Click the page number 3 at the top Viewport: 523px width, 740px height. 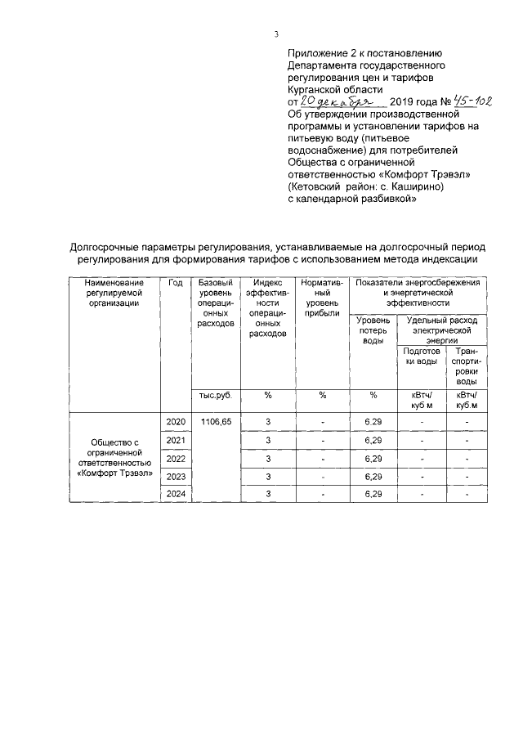click(x=276, y=34)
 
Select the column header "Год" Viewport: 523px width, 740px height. click(x=175, y=282)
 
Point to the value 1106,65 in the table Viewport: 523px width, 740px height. click(x=216, y=421)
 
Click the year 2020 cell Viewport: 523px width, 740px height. click(x=175, y=421)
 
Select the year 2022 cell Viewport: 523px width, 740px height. click(x=175, y=458)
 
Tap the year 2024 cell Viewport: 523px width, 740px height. click(x=175, y=494)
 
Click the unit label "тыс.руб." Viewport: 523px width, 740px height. click(x=216, y=396)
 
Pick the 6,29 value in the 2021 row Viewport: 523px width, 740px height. click(x=373, y=440)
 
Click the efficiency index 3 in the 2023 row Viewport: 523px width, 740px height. click(x=267, y=476)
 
